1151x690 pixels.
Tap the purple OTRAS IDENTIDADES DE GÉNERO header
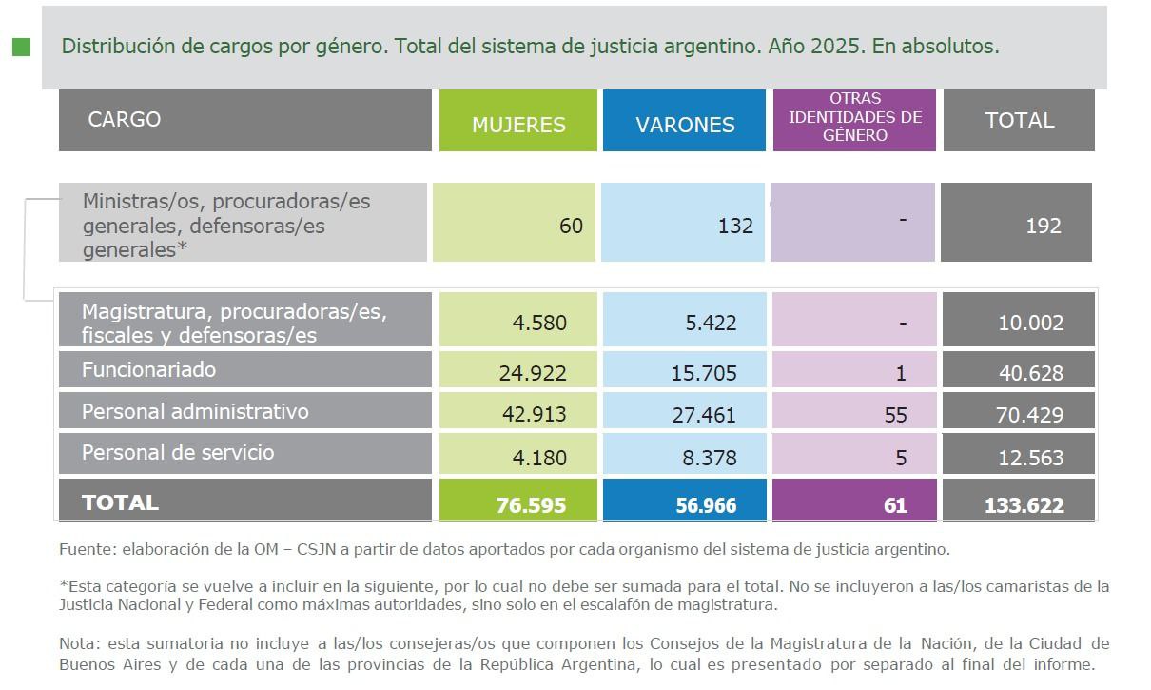pyautogui.click(x=855, y=119)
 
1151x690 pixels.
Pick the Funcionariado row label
pyautogui.click(x=148, y=369)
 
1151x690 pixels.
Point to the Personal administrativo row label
pyautogui.click(x=195, y=411)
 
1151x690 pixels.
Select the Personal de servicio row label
pyautogui.click(x=178, y=452)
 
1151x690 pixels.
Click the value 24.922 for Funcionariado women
pyautogui.click(x=532, y=373)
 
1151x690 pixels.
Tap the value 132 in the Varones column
pyautogui.click(x=735, y=226)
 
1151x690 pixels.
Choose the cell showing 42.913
pyautogui.click(x=532, y=415)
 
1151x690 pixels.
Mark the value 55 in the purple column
pyautogui.click(x=894, y=415)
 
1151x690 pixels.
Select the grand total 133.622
pyautogui.click(x=1024, y=505)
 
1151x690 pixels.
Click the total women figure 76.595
pyautogui.click(x=531, y=505)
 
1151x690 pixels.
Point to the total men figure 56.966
pyautogui.click(x=704, y=505)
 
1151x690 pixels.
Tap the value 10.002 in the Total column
pyautogui.click(x=1030, y=324)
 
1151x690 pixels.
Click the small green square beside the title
pyautogui.click(x=21, y=47)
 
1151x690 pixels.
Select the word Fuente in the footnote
pyautogui.click(x=84, y=549)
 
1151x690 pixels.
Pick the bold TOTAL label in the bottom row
pyautogui.click(x=120, y=503)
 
